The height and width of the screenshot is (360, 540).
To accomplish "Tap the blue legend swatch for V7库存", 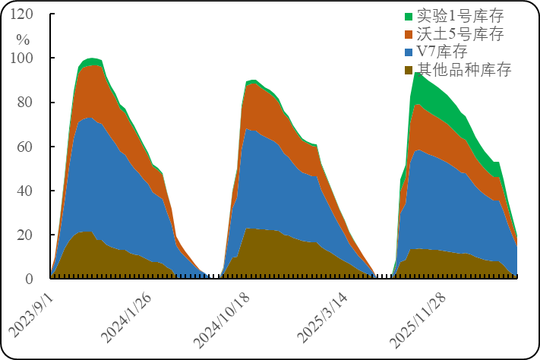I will pos(409,52).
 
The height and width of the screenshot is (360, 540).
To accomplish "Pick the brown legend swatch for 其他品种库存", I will pos(409,71).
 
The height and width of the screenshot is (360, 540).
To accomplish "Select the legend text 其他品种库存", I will pos(464,70).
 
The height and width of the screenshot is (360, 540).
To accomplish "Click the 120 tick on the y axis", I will pos(23,14).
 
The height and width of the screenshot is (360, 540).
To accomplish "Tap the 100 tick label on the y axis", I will pos(23,58).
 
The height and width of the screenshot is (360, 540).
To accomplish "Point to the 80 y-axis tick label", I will pos(26,103).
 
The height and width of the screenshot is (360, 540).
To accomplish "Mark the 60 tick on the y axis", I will pos(26,147).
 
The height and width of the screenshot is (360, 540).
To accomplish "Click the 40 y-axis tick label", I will pos(26,191).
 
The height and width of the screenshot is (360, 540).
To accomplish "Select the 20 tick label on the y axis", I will pos(26,235).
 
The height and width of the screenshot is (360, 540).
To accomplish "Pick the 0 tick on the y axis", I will pos(29,279).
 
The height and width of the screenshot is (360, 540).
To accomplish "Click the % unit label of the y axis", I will pos(23,39).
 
